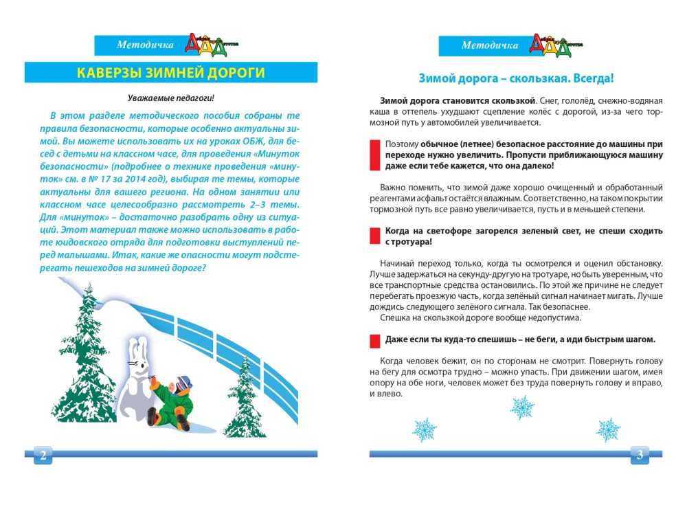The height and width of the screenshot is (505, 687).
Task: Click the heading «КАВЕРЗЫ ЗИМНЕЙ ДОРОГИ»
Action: point(170,73)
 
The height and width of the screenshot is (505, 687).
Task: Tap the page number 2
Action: point(43,455)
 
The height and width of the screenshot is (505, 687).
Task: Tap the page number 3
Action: point(640,455)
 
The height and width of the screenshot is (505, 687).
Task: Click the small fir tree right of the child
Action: point(244,399)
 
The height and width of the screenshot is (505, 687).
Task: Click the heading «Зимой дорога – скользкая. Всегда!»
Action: point(516,78)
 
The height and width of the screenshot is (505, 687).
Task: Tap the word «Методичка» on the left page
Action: point(145,46)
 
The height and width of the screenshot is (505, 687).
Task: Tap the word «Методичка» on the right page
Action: point(490,46)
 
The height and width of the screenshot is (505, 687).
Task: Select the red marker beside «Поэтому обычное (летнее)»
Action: point(374,155)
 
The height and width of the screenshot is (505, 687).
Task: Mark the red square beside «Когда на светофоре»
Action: point(374,236)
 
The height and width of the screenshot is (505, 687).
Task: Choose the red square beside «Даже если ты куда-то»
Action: point(374,339)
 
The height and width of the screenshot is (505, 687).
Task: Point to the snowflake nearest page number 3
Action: point(608,429)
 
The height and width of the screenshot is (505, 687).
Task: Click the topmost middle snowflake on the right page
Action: point(522,407)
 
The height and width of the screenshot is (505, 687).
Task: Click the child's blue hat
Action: point(183,381)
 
